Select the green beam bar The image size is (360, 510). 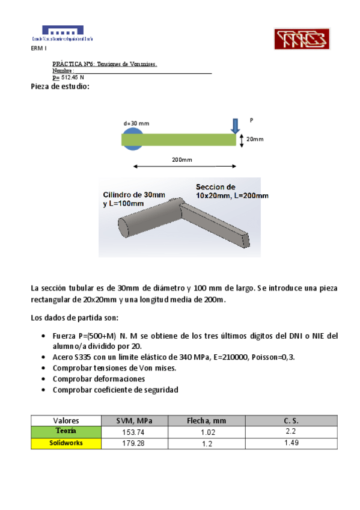tap(178, 140)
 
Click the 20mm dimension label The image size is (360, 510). tap(255, 140)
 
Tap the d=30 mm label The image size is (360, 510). tap(136, 123)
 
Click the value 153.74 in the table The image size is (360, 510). tap(134, 432)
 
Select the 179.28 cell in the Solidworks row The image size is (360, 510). tap(134, 443)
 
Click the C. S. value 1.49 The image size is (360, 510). tap(291, 443)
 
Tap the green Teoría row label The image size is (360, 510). tap(66, 431)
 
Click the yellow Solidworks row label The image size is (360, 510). tap(66, 443)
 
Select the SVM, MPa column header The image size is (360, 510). tap(134, 420)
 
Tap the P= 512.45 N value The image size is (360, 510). tap(69, 78)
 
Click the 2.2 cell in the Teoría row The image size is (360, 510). tap(291, 432)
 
